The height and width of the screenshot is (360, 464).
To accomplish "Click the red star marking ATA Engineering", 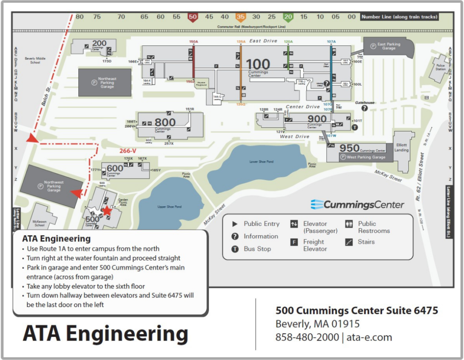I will click(107, 210).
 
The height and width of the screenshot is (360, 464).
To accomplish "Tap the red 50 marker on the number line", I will click(193, 17).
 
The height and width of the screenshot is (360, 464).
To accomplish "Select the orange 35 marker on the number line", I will click(241, 17).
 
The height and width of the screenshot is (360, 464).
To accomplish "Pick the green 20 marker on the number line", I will click(288, 17).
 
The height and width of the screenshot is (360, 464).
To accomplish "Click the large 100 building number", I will click(258, 64).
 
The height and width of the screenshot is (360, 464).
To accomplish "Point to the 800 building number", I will click(165, 122).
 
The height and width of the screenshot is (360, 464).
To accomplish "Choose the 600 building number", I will click(115, 168).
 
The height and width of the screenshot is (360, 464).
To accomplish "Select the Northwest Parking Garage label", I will click(53, 186).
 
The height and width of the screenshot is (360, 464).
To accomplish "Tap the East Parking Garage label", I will click(389, 46).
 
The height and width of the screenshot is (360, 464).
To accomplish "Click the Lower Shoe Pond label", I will click(261, 161).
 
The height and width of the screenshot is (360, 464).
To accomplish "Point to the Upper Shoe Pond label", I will click(170, 207).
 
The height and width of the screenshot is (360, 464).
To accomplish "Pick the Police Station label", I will click(440, 67).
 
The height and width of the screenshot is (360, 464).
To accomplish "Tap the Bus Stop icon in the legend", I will click(235, 249).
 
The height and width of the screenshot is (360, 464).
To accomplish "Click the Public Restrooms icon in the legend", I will click(349, 224).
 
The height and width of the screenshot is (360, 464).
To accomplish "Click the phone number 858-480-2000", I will click(307, 337).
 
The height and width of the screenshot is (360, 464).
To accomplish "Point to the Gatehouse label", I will click(365, 103).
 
